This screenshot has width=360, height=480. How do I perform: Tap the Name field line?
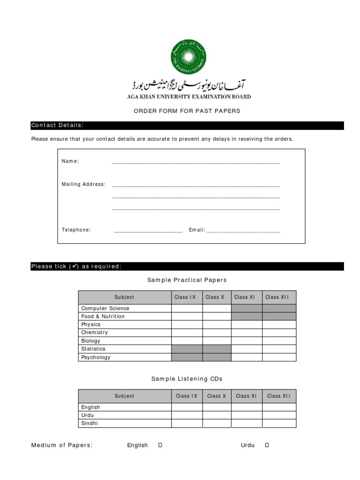195,162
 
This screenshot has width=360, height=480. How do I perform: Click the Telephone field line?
148,230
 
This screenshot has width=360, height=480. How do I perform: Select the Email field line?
243,230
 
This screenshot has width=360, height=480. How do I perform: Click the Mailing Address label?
83,184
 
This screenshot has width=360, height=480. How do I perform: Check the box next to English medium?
160,445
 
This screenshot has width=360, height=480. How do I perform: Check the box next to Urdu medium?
267,445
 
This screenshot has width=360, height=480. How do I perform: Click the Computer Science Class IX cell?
187,308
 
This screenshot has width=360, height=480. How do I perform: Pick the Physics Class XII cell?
279,324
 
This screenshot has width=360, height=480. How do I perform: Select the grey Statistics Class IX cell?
187,349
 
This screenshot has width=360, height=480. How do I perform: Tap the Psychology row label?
96,357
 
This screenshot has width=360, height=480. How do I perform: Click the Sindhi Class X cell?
217,423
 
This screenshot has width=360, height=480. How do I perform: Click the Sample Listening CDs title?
187,379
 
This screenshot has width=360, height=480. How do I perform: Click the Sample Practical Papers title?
187,280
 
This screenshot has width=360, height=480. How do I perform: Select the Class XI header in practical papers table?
245,297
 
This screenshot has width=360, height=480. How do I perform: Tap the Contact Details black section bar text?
57,125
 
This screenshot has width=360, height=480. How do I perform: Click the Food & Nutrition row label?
103,316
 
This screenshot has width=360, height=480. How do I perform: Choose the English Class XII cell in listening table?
279,407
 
